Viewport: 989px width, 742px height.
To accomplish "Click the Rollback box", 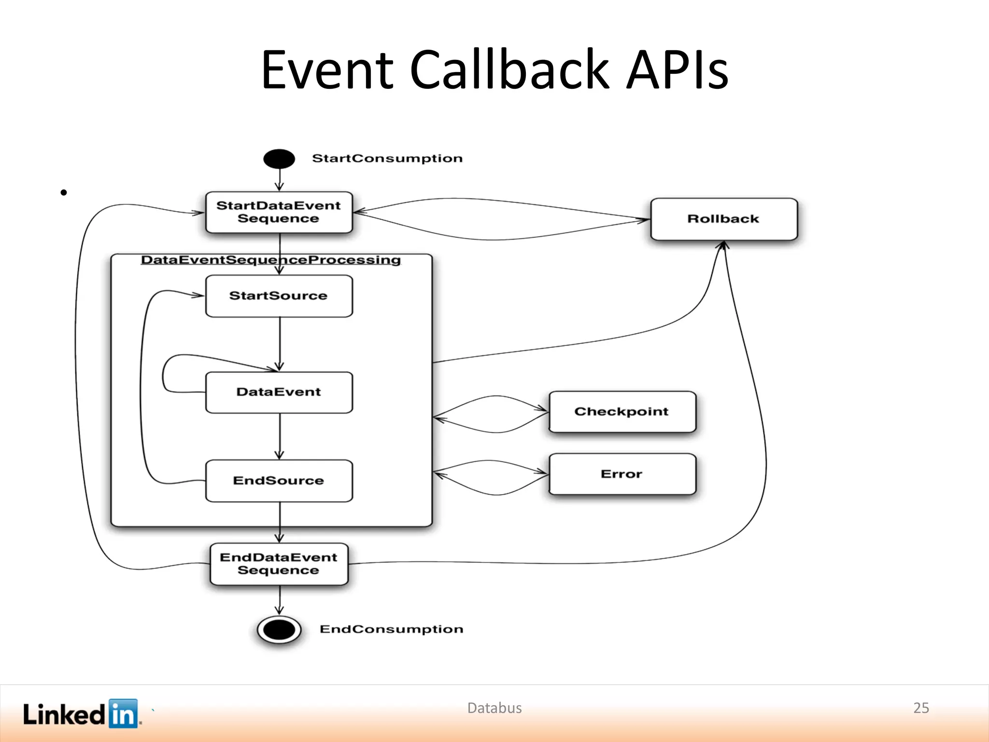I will point(723,219).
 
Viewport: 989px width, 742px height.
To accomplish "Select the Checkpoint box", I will point(622,412).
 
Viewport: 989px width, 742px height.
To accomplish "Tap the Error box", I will point(622,474).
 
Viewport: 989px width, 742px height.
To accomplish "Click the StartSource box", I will point(279,296).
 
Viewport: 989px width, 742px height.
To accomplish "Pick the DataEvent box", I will point(279,392).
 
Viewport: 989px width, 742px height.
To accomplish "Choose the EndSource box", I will point(279,481).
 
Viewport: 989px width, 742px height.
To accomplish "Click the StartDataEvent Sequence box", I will point(279,213).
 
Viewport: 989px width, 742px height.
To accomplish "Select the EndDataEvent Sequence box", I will point(279,564).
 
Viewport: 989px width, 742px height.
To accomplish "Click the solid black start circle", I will point(279,159).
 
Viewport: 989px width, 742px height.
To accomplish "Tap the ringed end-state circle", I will point(279,629).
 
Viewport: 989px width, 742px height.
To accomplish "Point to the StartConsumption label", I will point(387,158).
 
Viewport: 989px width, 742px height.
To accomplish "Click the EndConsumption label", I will point(391,629).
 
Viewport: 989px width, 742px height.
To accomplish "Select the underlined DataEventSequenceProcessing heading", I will point(271,260).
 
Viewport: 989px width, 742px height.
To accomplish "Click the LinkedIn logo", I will point(81,713).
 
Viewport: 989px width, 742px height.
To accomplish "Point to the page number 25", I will point(921,708).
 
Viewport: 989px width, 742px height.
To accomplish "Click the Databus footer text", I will point(494,708).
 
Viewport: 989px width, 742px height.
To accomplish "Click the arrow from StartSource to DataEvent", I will point(280,343).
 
